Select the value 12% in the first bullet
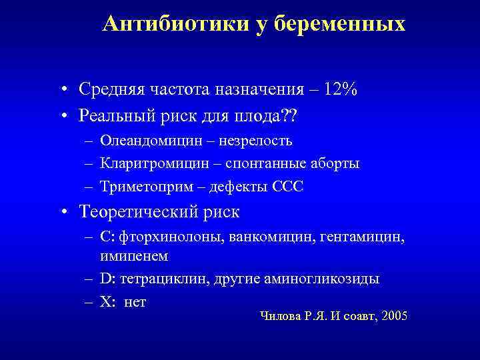(x=341, y=89)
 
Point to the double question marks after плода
(x=289, y=116)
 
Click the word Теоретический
(x=135, y=213)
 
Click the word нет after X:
(x=135, y=302)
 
